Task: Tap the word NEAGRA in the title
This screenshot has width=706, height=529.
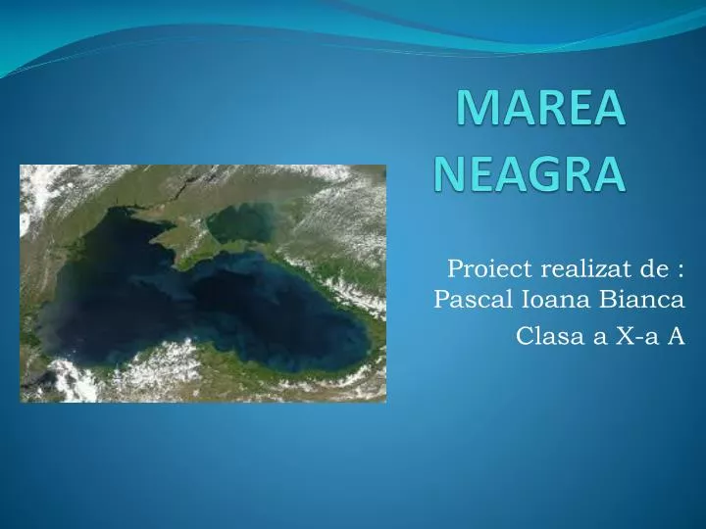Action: (529, 174)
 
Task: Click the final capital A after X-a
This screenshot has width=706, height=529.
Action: (676, 336)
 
